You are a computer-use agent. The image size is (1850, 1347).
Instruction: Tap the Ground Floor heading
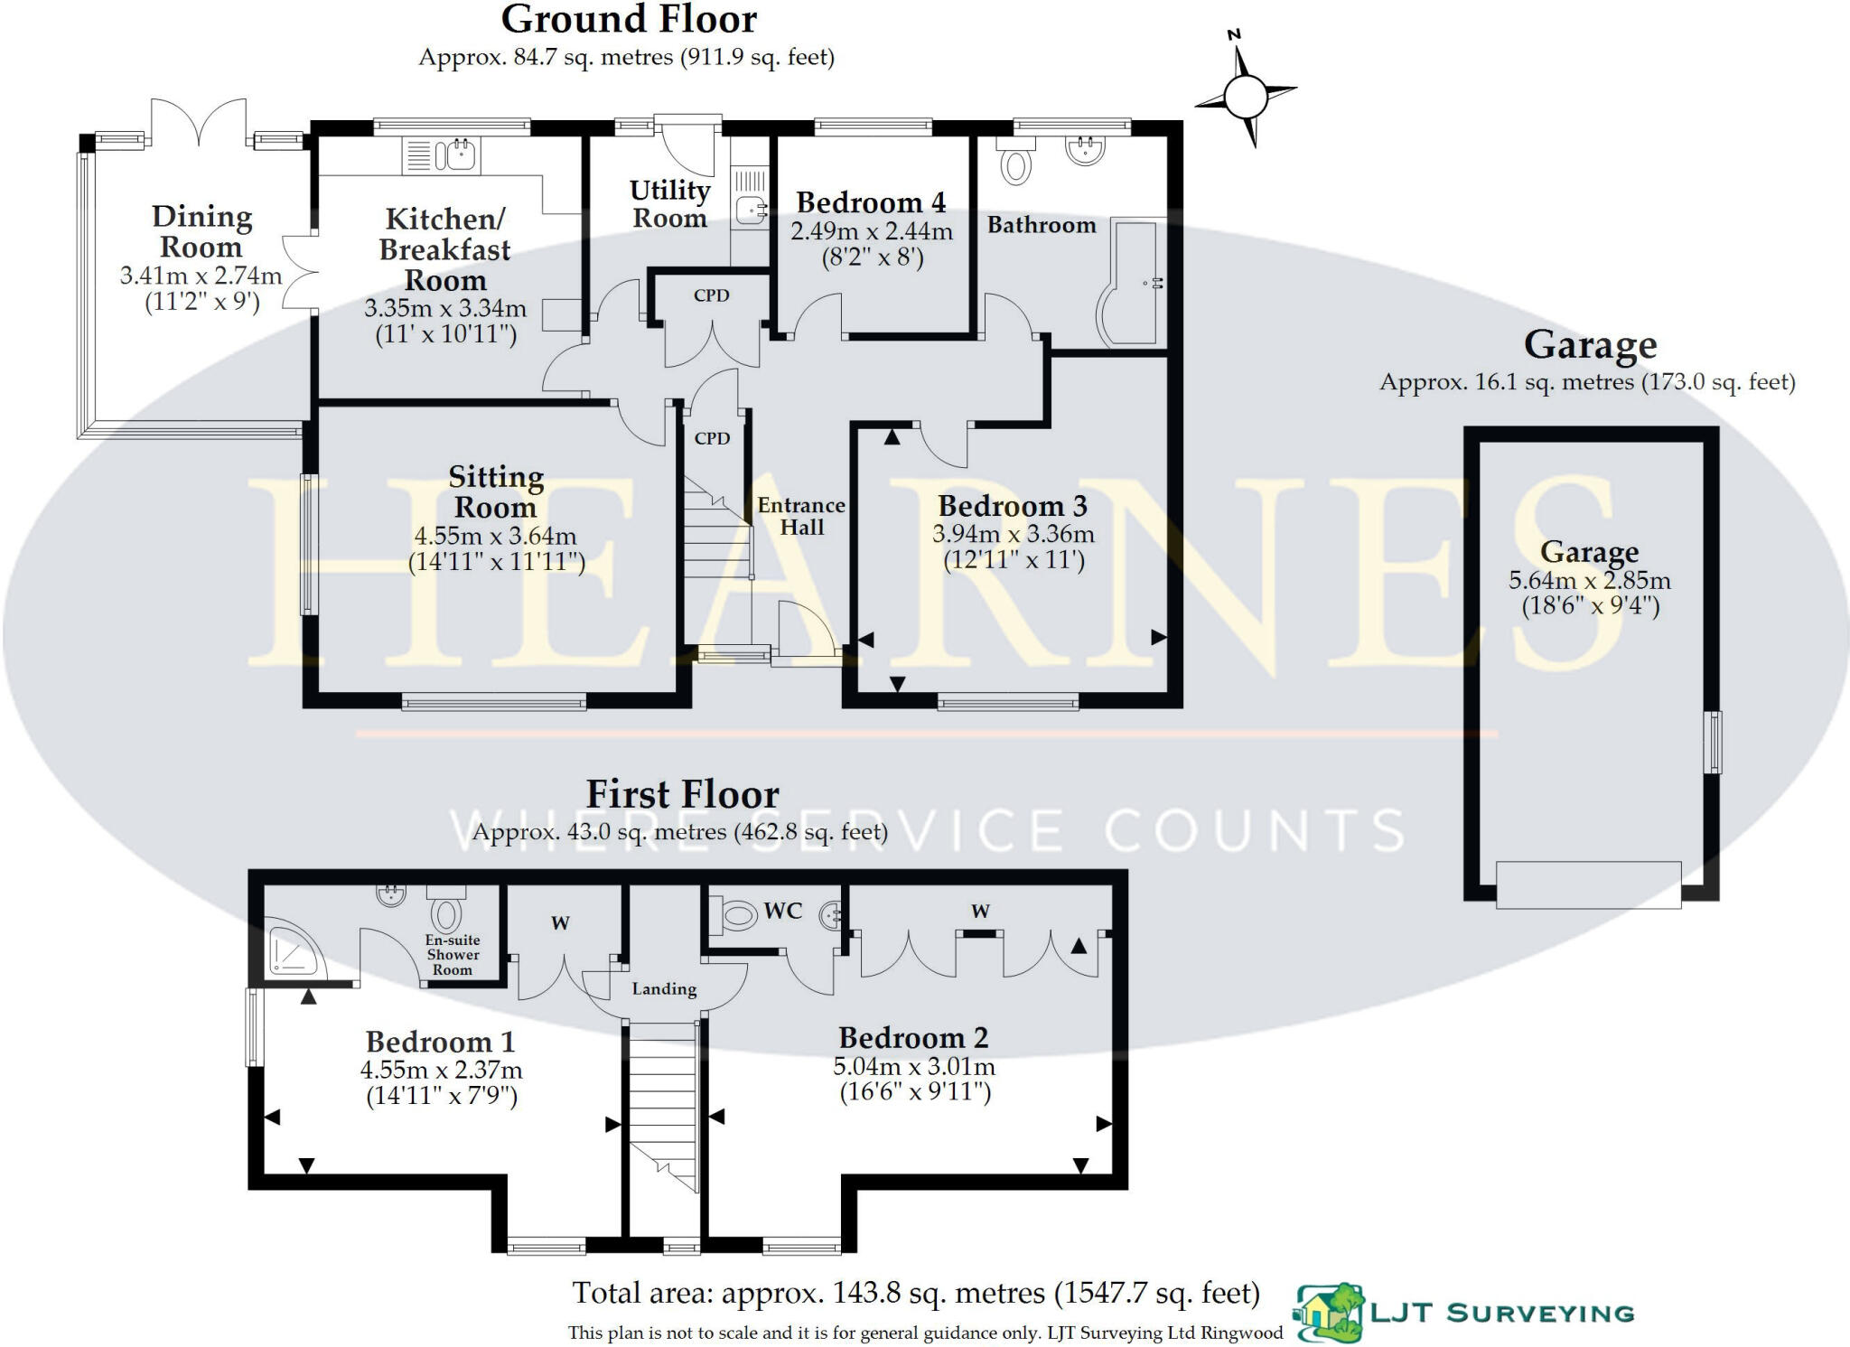tap(629, 20)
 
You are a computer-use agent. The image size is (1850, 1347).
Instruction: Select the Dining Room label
tap(201, 231)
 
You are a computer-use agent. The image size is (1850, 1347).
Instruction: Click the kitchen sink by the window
tap(454, 155)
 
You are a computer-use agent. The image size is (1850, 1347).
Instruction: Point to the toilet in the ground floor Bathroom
tap(1016, 164)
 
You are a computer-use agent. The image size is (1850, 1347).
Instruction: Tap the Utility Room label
tap(669, 204)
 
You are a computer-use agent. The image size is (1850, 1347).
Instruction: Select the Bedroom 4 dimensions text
tap(872, 245)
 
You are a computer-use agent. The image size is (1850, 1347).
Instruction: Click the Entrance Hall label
tap(801, 516)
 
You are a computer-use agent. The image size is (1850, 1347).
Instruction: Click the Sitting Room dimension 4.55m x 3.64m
tap(495, 536)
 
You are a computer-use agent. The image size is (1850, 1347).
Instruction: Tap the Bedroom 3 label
tap(1013, 505)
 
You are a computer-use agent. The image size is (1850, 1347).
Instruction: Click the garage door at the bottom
tap(1588, 884)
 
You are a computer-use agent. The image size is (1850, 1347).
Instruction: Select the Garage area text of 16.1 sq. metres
tap(1587, 382)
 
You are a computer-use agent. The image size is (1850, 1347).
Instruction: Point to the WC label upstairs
tap(782, 911)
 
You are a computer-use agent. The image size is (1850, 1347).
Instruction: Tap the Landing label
tap(664, 989)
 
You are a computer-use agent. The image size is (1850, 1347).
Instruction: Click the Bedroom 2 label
tap(913, 1037)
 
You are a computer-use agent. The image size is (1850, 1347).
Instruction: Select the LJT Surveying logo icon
tap(1329, 1313)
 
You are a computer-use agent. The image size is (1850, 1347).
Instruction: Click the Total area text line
tap(916, 1293)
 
